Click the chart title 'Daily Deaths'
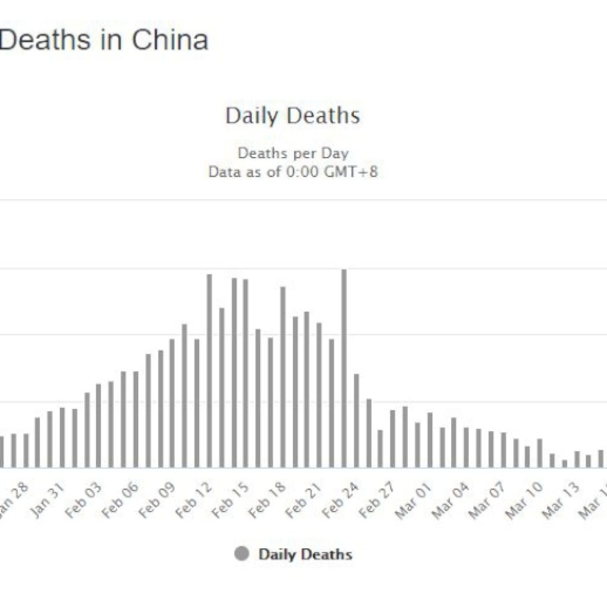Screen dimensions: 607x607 (292, 116)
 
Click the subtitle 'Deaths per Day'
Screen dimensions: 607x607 (293, 153)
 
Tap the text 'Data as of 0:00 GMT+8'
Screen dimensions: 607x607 (293, 172)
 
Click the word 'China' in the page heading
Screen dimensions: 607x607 (170, 40)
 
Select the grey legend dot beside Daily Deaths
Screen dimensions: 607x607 (241, 555)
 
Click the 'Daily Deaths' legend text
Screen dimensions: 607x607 (305, 555)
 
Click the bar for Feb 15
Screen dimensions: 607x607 (246, 373)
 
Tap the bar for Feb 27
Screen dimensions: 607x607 (392, 439)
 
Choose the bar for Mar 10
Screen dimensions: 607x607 (539, 453)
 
